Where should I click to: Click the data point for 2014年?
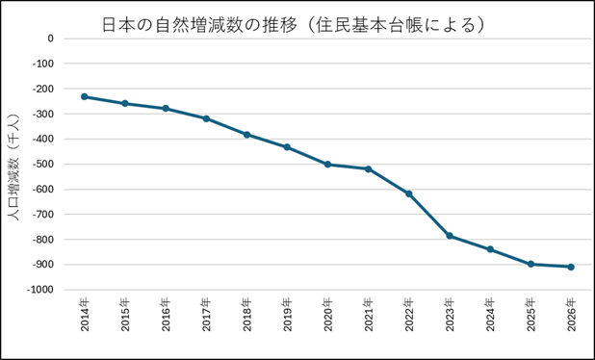point(84,96)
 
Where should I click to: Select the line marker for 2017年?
point(206,118)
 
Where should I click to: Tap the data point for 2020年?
point(328,165)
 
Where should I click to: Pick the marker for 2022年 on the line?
point(408,193)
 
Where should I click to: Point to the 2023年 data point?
point(450,236)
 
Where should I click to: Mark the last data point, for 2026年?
point(571,267)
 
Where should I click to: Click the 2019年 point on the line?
point(287,147)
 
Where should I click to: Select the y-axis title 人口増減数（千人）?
point(13,167)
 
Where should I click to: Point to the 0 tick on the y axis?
point(51,39)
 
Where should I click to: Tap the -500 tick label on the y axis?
point(43,165)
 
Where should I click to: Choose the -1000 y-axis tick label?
point(39,290)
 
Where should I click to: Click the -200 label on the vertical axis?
point(43,89)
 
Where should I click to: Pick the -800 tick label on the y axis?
point(43,240)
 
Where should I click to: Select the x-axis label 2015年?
point(125,315)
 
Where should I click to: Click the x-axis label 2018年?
point(247,315)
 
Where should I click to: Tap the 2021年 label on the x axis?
point(369,315)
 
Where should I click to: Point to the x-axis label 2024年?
point(491,315)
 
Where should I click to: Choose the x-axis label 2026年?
point(572,315)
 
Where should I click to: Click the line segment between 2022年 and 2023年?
point(429,215)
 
